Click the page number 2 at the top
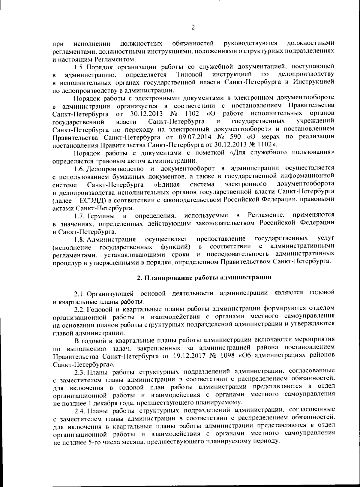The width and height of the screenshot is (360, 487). tap(193, 28)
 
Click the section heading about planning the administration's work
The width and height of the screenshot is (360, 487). tap(204, 277)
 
